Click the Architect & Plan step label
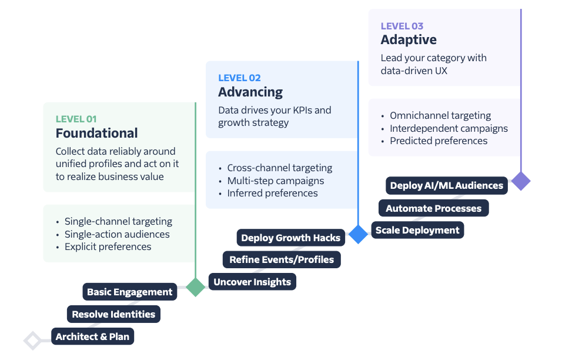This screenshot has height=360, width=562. point(92,336)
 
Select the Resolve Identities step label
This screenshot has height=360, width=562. point(113,314)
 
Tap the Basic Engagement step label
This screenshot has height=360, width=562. point(129,292)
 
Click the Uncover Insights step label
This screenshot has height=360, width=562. point(252,282)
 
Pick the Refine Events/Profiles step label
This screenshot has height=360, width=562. point(282,259)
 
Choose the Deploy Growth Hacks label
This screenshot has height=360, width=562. point(290,238)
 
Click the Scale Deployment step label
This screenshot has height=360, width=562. point(417,230)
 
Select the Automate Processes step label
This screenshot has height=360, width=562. point(433,208)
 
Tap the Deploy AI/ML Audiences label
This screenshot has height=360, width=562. point(447,185)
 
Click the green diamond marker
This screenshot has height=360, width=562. point(195,286)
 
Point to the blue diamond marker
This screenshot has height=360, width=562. point(358,234)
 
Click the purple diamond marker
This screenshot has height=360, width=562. point(520,181)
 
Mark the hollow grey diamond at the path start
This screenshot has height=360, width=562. point(33,340)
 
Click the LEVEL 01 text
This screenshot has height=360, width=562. point(76,119)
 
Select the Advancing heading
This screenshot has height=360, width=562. point(250,92)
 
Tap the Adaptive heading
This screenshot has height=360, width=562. point(409,40)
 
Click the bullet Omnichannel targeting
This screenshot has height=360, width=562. point(440,115)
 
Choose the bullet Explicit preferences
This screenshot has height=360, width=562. point(108,246)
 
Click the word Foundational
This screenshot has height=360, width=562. point(97,133)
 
